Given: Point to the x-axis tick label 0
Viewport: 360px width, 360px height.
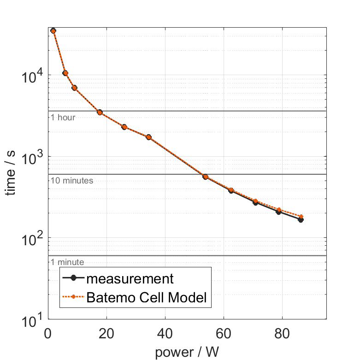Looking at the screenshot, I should (48, 333).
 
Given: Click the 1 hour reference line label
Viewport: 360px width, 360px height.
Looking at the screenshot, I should (63, 118).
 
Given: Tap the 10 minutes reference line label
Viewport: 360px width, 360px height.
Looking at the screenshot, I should (72, 181).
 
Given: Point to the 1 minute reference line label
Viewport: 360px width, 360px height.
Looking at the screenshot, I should (67, 262).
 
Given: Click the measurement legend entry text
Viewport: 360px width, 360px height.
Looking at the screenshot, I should (130, 278).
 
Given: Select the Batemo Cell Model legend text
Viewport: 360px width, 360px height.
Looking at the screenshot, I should (147, 298).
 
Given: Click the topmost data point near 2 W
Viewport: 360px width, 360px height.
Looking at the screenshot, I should (53, 31).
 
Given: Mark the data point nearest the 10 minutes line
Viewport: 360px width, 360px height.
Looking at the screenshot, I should (206, 177).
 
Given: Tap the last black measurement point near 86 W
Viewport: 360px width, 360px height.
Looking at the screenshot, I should (301, 220).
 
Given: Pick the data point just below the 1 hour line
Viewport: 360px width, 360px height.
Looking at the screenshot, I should (100, 112).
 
